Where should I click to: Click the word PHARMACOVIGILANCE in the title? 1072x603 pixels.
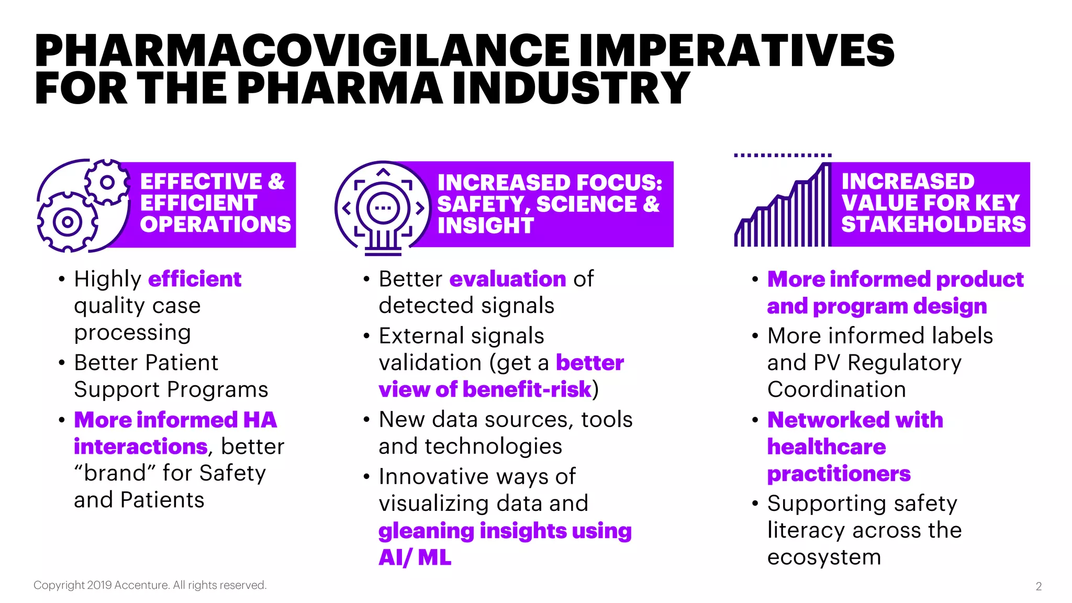301,51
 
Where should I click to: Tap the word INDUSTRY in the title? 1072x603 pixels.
571,88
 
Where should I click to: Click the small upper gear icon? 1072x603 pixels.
107,182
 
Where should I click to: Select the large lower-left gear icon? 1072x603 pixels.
67,222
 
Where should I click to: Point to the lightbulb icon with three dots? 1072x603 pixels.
383,208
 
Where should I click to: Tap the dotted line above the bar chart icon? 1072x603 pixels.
783,155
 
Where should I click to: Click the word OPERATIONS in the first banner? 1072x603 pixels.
215,225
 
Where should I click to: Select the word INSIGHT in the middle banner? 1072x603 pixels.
485,226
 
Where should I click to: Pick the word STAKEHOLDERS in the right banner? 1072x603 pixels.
933,225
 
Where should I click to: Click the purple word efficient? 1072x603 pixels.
195,279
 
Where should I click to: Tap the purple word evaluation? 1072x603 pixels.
507,279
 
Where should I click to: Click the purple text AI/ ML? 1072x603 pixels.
415,557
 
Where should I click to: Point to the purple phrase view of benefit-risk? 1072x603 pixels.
485,389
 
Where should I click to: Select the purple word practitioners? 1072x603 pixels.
839,474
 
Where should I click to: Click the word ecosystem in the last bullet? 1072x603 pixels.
824,557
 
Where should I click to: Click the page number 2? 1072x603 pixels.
1038,586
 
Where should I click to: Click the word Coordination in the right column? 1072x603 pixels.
836,389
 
